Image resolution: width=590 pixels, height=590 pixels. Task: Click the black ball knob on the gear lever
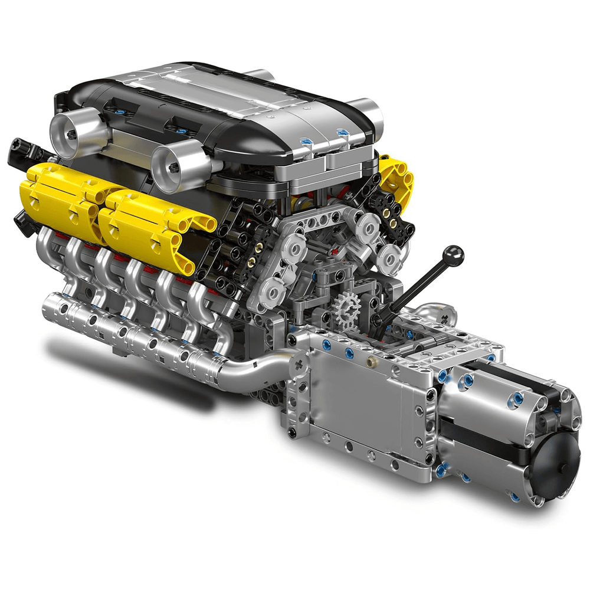click(x=454, y=255)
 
